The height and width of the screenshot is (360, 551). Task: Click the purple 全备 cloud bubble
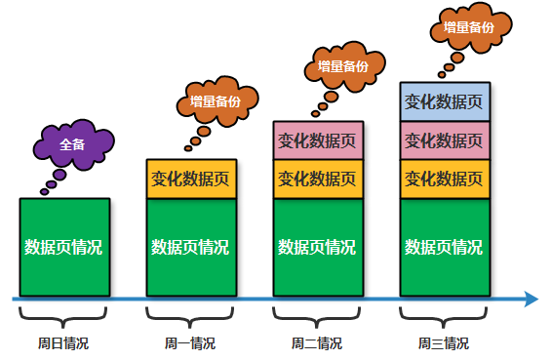(73, 144)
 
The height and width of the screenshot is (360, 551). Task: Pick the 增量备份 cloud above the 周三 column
(468, 27)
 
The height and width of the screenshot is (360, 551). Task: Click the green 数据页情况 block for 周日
(63, 247)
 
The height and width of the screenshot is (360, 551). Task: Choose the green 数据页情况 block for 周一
(191, 247)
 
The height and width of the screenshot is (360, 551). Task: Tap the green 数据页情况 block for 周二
(317, 247)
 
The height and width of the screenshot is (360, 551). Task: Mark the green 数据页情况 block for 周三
(444, 247)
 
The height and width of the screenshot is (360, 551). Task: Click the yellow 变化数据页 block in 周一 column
(191, 179)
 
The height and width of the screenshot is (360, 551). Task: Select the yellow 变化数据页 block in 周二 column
(317, 179)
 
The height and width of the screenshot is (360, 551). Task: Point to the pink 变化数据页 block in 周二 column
(317, 140)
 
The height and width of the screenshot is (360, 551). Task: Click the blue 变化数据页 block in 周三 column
(444, 101)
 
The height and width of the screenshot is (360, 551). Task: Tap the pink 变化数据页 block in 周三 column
(444, 140)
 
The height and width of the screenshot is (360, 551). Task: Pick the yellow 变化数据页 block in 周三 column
(444, 179)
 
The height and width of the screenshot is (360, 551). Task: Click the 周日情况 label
(63, 343)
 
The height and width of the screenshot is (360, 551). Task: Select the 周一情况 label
(191, 343)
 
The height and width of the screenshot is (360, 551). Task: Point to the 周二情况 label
(317, 343)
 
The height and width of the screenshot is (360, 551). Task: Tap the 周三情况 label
(444, 343)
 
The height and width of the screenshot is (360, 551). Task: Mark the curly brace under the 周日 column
(63, 317)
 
